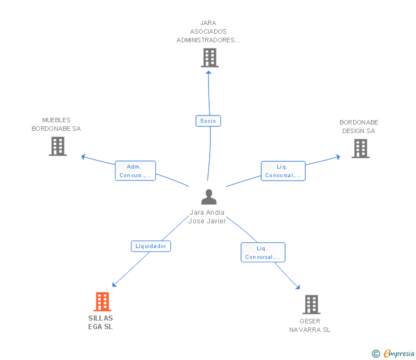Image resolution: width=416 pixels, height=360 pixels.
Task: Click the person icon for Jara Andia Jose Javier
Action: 209,197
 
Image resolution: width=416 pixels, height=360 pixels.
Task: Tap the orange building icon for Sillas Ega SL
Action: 102,301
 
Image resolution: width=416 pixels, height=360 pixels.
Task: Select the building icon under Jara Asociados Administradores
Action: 210,58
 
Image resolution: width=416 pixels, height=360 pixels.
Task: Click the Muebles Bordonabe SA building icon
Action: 58,146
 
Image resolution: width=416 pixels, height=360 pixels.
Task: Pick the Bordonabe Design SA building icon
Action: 360,149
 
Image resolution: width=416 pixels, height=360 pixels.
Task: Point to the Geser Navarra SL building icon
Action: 311,305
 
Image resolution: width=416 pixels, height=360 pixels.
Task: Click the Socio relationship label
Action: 208,121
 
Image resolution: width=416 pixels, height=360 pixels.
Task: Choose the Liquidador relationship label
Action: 151,246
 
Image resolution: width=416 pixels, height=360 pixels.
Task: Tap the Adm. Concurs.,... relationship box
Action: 135,171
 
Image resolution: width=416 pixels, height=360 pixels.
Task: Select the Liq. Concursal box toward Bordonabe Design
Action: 283,171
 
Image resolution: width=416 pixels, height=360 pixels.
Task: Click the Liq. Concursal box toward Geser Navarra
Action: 263,253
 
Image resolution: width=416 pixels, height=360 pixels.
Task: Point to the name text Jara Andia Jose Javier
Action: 207,217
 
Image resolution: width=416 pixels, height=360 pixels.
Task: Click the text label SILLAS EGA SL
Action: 101,323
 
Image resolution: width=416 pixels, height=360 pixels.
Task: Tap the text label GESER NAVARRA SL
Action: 310,326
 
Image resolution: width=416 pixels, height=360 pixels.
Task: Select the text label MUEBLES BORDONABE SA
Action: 56,125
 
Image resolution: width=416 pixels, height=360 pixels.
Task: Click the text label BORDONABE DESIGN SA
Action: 359,127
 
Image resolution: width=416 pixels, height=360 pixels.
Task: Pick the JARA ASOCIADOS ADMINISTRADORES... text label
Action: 209,32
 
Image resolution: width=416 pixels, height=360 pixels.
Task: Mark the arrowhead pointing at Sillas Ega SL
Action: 114,285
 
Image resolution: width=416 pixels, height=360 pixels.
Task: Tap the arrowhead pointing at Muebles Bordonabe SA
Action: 83,156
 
